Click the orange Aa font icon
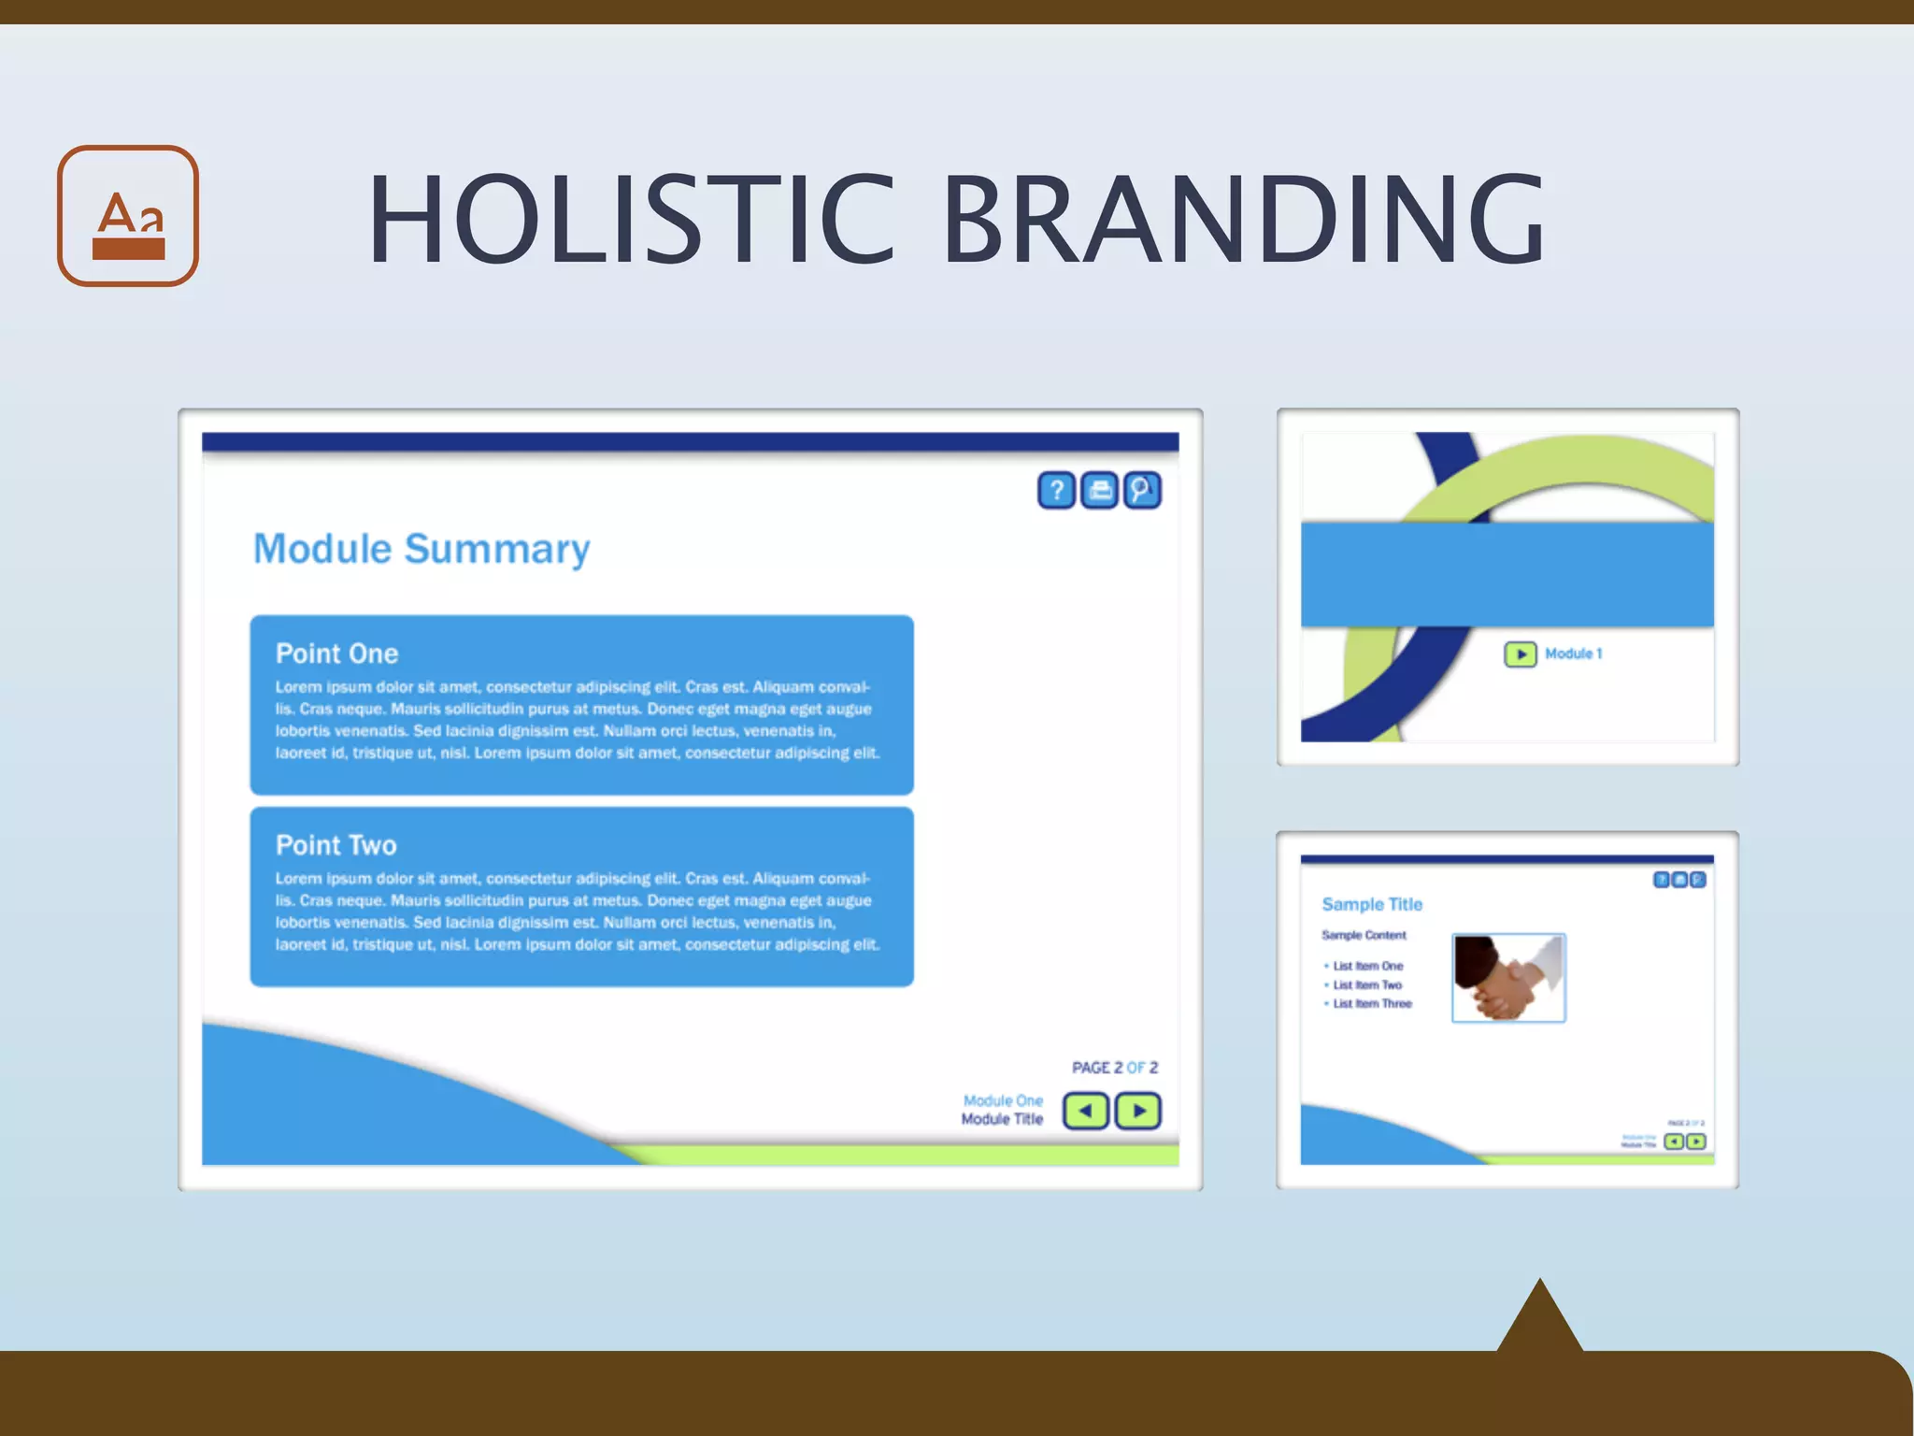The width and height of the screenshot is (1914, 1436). [128, 216]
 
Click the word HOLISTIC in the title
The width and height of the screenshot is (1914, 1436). [632, 220]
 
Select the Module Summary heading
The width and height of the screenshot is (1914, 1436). [421, 549]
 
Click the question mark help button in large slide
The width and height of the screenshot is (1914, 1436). [1057, 490]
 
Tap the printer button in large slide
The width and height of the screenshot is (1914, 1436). [1100, 490]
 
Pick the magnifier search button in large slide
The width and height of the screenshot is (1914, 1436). [1142, 490]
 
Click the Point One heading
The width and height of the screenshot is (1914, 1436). [336, 653]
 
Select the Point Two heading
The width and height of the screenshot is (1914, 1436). [336, 845]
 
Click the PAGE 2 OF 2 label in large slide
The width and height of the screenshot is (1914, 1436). [1114, 1068]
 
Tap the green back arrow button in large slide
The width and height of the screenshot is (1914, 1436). [1086, 1112]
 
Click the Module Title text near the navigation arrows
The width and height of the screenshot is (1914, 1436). [1002, 1119]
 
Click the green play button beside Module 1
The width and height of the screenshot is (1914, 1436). [1521, 654]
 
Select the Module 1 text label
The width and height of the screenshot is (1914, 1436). [1573, 654]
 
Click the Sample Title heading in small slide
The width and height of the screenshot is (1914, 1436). [1372, 904]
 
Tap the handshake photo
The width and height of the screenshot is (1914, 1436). [1508, 978]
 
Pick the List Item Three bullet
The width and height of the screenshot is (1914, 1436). [1371, 1004]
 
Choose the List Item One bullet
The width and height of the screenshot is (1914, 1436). [1367, 967]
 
